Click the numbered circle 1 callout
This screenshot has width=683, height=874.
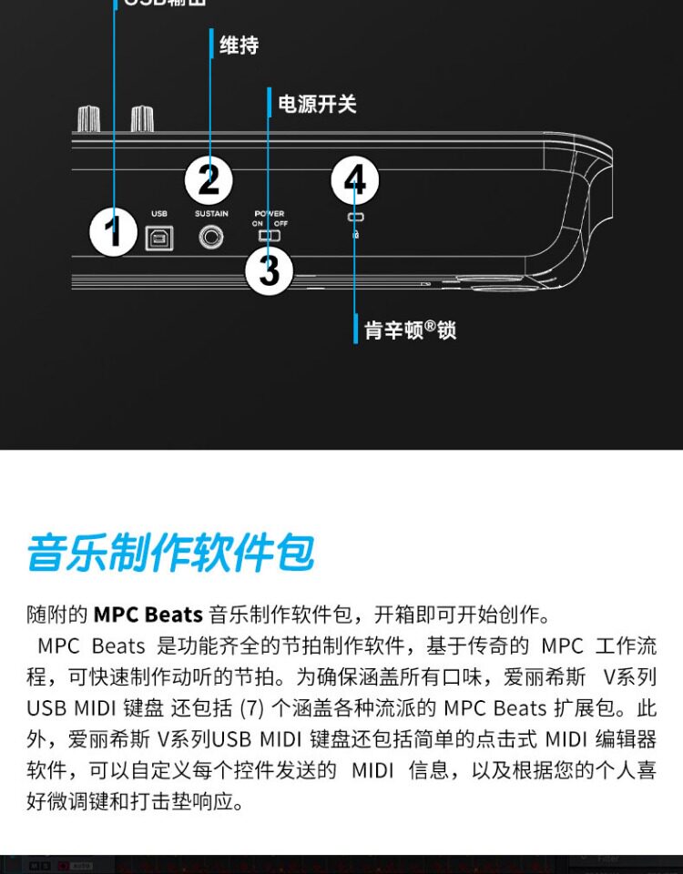113,232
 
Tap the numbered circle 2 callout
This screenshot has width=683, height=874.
209,179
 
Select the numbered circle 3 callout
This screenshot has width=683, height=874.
269,269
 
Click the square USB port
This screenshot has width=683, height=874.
158,238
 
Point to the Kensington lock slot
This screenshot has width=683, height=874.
354,218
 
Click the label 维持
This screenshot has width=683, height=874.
239,45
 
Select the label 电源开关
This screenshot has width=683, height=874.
317,104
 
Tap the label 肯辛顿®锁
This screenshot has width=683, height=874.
410,329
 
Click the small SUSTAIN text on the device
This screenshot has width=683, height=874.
211,215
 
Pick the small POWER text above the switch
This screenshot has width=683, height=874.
270,214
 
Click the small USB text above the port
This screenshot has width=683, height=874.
158,215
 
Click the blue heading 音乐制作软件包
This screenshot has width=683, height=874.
170,554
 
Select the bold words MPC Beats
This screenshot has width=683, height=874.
148,615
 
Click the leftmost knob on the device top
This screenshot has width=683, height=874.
88,117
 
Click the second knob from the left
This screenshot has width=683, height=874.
142,117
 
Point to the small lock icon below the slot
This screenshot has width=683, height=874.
354,234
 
